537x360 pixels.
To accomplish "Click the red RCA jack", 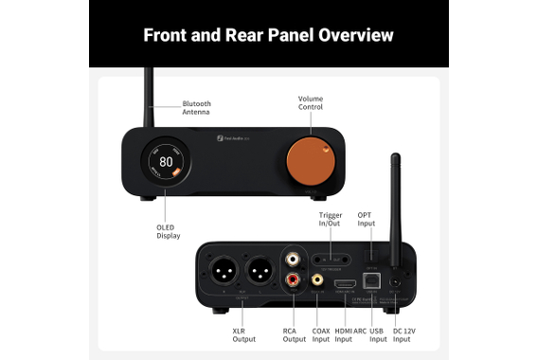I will [x=295, y=279].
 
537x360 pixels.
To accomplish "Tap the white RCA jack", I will [x=295, y=256].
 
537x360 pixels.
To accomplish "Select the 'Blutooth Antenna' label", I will [x=196, y=108].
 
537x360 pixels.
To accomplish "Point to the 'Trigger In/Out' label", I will [x=331, y=220].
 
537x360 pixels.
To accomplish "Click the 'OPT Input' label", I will [x=367, y=220].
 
